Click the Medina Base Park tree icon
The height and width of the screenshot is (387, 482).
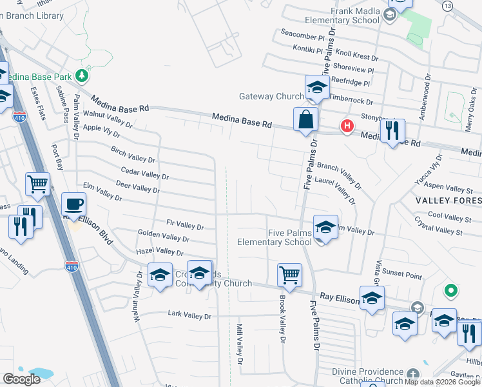click(x=82, y=77)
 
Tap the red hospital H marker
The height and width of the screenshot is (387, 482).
click(x=347, y=126)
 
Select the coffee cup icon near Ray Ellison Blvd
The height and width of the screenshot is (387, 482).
click(x=73, y=204)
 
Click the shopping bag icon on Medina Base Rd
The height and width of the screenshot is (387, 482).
click(x=305, y=119)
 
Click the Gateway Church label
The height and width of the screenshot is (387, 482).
click(x=271, y=97)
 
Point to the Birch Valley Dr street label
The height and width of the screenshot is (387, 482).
click(x=133, y=156)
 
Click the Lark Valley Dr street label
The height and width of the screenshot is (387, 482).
click(x=189, y=316)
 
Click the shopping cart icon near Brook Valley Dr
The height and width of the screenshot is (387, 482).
click(x=289, y=274)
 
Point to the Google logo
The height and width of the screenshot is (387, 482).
click(x=22, y=379)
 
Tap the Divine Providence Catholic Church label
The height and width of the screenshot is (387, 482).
click(x=365, y=377)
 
